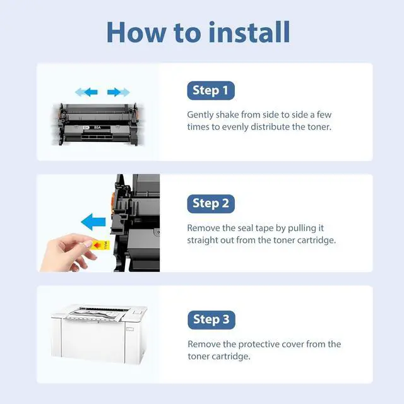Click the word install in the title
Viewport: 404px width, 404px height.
[249, 32]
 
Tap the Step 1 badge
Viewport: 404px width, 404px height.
[211, 90]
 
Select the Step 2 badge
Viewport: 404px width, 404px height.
[211, 203]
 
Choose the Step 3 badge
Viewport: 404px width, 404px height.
[211, 320]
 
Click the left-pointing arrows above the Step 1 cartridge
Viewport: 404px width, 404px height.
[86, 92]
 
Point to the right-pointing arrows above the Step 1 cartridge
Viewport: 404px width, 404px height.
[119, 92]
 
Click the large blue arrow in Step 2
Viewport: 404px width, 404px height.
[93, 222]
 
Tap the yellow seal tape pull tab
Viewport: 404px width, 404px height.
[101, 245]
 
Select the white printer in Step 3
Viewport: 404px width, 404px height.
[99, 334]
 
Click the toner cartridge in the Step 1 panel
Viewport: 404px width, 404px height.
[98, 124]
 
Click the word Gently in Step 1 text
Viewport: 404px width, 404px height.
[200, 115]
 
